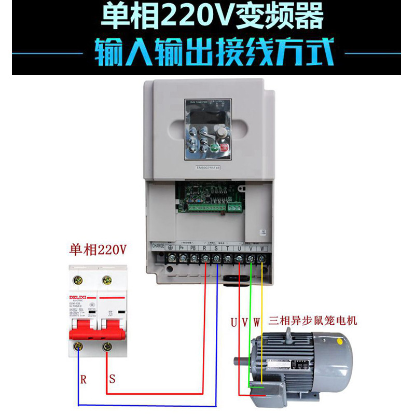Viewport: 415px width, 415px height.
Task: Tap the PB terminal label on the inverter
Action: [x=194, y=248]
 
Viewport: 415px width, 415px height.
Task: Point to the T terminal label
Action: [x=228, y=248]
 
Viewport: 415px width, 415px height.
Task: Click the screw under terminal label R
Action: [x=205, y=257]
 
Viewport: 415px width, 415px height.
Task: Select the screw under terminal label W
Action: [x=262, y=257]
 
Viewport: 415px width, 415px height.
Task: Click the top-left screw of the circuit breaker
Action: [x=79, y=280]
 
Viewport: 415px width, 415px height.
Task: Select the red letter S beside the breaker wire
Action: [x=112, y=379]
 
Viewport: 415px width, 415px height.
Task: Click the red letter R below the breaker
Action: [x=83, y=379]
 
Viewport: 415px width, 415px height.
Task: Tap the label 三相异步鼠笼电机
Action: [x=313, y=321]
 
